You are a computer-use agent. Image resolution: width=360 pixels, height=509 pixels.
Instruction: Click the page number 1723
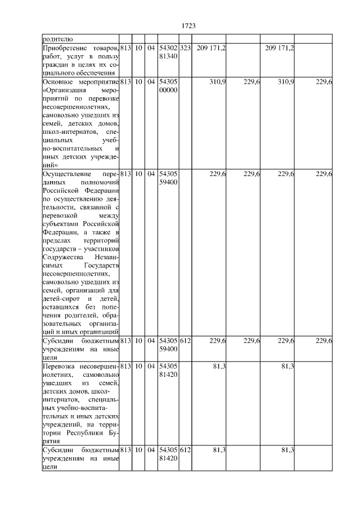click(x=188, y=25)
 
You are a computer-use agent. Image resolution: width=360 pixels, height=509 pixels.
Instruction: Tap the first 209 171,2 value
click(x=211, y=48)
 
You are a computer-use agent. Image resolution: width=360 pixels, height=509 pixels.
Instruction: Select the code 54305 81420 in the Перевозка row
click(x=168, y=371)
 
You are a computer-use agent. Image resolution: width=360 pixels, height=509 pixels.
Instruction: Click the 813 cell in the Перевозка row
click(x=125, y=367)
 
